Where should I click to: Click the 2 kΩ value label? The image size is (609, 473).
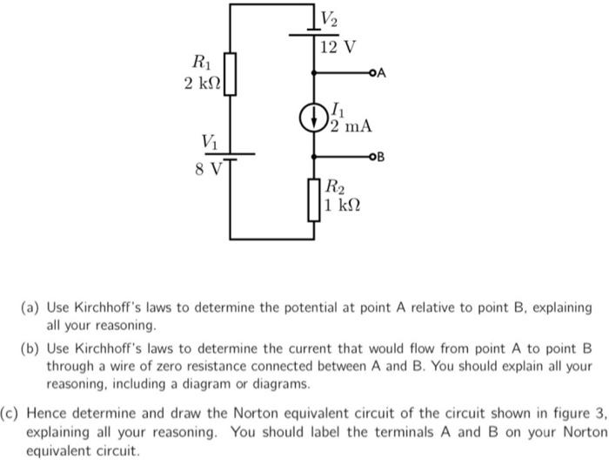tap(203, 84)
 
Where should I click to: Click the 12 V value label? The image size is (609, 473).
tap(338, 46)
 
